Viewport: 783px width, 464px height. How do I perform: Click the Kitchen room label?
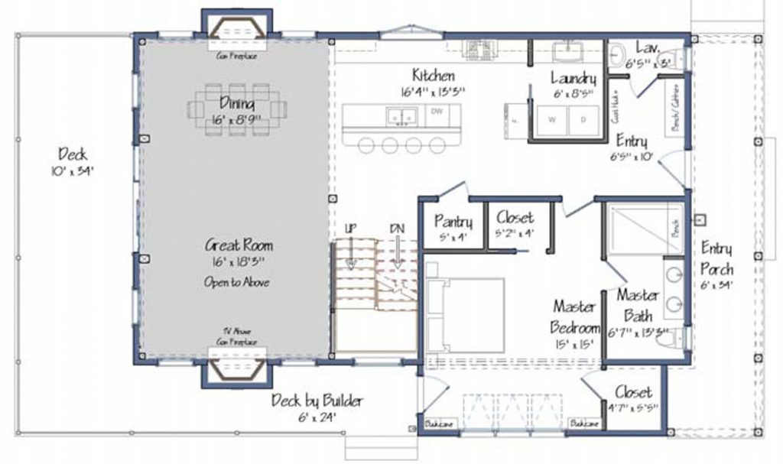tap(434, 76)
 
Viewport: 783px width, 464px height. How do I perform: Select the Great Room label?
tap(239, 246)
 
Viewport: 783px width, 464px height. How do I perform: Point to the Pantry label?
tap(453, 222)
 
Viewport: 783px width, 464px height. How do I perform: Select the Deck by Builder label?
tap(317, 401)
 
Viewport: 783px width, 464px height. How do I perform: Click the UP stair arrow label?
tap(350, 229)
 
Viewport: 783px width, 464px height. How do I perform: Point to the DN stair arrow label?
tap(396, 229)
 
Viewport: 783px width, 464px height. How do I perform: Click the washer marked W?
tap(551, 120)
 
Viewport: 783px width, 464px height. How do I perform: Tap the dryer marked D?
tap(583, 120)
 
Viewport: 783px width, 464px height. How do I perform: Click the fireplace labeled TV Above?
tap(239, 368)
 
